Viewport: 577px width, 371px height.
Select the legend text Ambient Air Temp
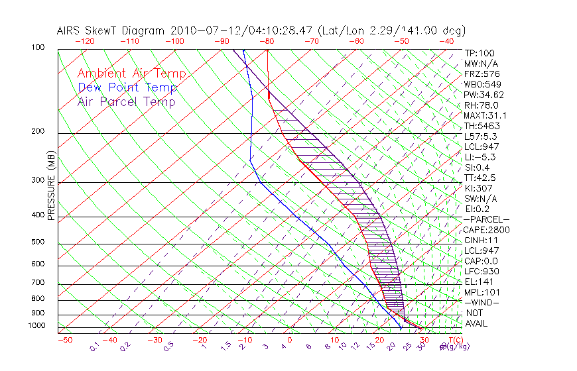pyautogui.click(x=131, y=74)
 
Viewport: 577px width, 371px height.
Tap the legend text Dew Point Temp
pyautogui.click(x=127, y=87)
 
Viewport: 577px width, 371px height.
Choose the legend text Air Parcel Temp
pyautogui.click(x=126, y=101)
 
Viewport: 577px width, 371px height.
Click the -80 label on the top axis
pyautogui.click(x=267, y=41)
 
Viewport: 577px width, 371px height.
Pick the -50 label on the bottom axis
pyautogui.click(x=65, y=340)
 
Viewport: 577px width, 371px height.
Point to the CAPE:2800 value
pyautogui.click(x=485, y=229)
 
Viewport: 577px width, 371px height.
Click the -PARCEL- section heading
pyautogui.click(x=486, y=219)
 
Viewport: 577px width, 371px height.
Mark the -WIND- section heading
pyautogui.click(x=481, y=302)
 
